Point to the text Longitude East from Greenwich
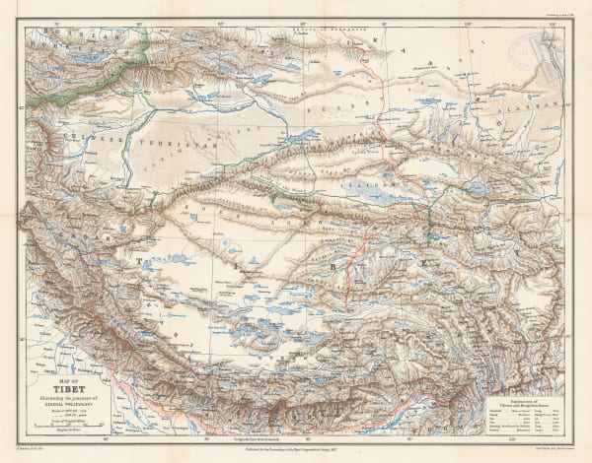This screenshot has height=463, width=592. [x=295, y=436]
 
